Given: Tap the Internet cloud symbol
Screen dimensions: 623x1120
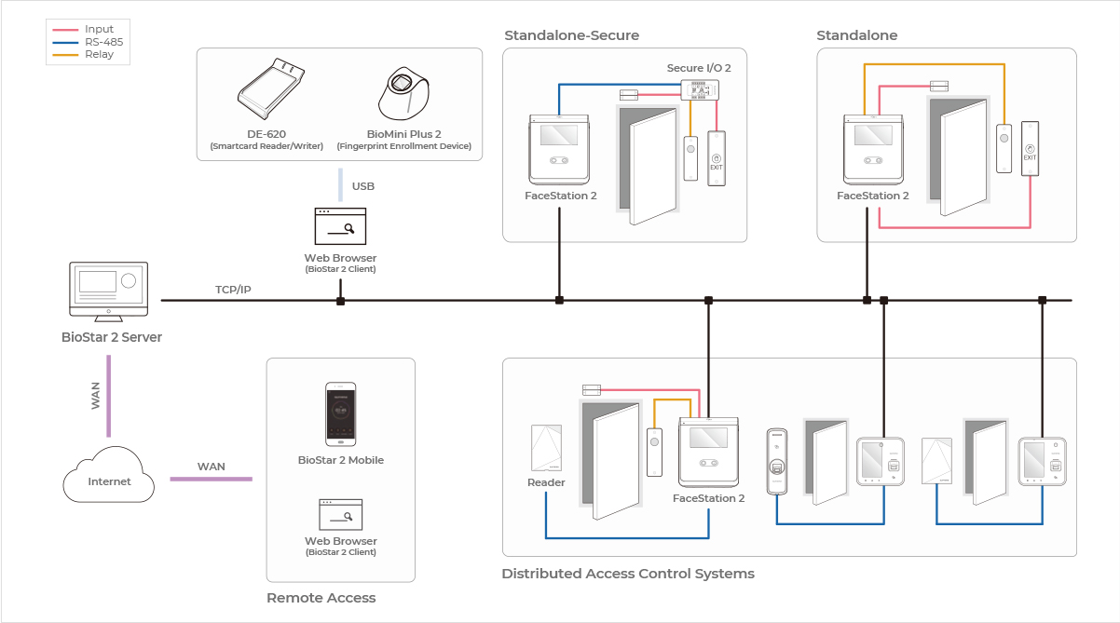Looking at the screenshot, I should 108,476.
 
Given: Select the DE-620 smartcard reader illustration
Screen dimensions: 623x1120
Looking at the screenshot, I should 271,90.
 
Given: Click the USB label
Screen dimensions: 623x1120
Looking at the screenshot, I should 363,186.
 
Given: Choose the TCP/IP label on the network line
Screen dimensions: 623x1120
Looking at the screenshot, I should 233,290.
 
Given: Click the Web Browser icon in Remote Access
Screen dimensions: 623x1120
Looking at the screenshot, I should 340,514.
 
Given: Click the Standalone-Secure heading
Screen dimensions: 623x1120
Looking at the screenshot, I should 571,35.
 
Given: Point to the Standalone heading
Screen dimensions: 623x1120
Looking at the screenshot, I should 856,35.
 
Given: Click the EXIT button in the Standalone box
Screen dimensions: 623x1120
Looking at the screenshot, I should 1030,148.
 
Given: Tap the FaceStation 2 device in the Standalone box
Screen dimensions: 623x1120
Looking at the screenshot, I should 873,149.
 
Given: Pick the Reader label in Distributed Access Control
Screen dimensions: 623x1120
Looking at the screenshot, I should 546,482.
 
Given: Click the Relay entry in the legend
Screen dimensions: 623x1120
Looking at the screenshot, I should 99,54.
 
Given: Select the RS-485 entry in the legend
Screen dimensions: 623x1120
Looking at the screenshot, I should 103,42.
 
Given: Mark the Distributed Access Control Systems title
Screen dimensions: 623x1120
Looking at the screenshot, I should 627,574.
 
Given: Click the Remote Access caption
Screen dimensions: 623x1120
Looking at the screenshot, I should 321,598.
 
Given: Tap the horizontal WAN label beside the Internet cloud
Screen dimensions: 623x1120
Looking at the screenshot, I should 211,466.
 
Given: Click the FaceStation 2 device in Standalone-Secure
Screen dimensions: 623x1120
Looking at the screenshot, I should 560,149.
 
